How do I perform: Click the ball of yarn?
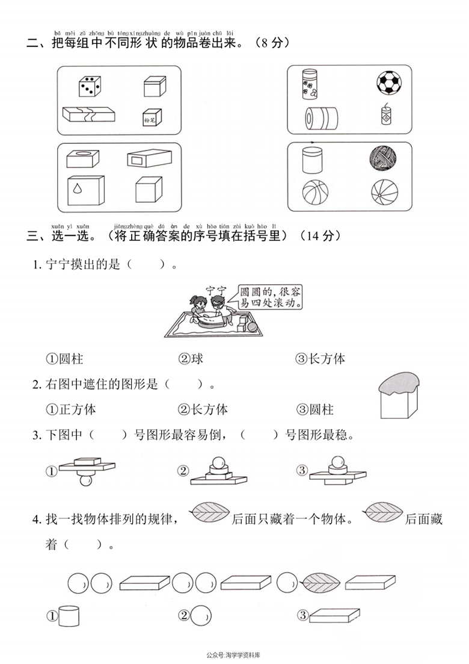pyautogui.click(x=382, y=160)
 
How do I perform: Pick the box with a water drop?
pyautogui.click(x=81, y=189)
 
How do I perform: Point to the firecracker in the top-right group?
pyautogui.click(x=386, y=114)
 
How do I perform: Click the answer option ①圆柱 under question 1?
pyautogui.click(x=64, y=359)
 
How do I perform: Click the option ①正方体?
pyautogui.click(x=71, y=410)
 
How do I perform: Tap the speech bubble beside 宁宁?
pyautogui.click(x=270, y=296)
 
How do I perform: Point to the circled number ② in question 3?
pyautogui.click(x=182, y=471)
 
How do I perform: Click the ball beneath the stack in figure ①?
pyautogui.click(x=87, y=480)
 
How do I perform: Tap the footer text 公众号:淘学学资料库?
pyautogui.click(x=236, y=655)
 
